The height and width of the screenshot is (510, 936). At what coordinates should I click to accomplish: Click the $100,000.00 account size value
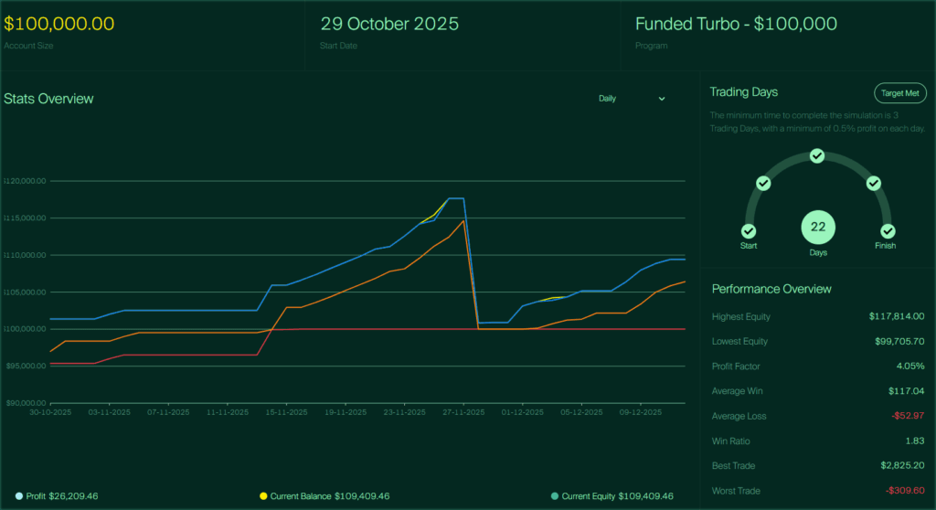[x=59, y=24]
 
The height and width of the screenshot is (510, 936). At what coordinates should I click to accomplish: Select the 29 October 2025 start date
[x=389, y=24]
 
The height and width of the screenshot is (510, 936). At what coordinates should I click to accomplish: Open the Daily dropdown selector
[x=632, y=99]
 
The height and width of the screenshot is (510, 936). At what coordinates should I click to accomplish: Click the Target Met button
[x=900, y=93]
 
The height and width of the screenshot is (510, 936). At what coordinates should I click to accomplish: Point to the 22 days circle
[x=818, y=228]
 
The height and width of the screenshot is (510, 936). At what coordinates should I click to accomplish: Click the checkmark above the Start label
[x=749, y=231]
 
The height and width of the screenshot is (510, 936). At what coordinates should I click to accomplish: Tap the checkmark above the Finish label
[x=887, y=231]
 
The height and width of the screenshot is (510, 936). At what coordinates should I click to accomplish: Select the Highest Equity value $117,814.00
[x=897, y=316]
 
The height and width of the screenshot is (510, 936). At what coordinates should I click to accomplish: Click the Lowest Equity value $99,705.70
[x=899, y=341]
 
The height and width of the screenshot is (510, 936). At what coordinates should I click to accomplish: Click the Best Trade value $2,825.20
[x=899, y=466]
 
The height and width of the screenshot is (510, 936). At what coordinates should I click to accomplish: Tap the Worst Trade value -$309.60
[x=904, y=491]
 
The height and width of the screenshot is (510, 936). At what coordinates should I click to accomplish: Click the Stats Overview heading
[x=48, y=99]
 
